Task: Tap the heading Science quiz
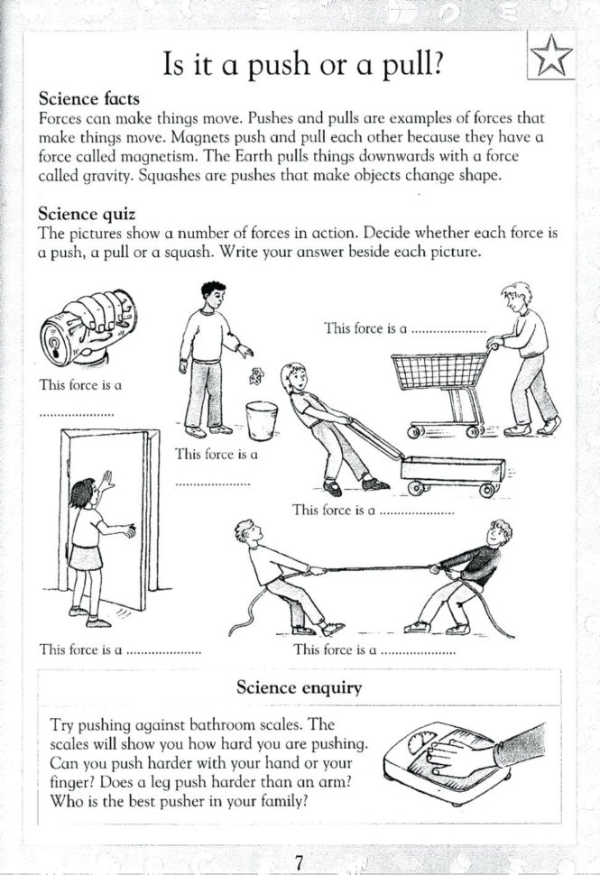click(x=87, y=214)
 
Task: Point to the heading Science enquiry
click(x=299, y=687)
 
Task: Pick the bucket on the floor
click(x=262, y=419)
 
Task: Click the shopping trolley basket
click(x=438, y=371)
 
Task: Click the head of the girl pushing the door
click(x=83, y=493)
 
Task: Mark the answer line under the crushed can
click(x=77, y=414)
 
